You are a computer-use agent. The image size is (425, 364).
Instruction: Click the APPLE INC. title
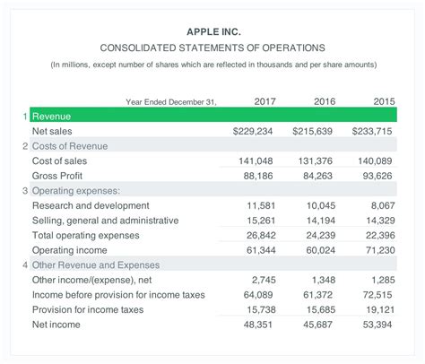212,31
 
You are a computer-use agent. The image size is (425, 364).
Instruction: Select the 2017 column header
265,101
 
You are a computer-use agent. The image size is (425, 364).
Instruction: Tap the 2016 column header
325,101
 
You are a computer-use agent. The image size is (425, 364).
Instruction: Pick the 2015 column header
385,101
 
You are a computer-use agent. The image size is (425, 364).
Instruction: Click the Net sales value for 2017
252,131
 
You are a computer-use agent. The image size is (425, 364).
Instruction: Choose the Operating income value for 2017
257,250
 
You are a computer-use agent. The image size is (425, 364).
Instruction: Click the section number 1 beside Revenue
24,117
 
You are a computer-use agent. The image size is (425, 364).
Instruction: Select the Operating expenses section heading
76,191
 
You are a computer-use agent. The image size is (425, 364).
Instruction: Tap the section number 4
24,265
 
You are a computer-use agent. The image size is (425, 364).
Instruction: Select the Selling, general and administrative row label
105,221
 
